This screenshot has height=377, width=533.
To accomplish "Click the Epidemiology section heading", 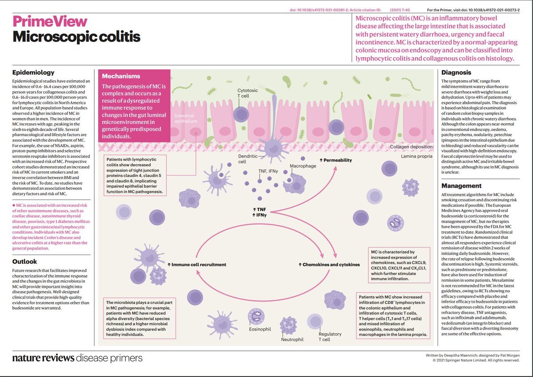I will pyautogui.click(x=33, y=72).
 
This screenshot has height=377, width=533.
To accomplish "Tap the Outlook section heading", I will pyautogui.click(x=25, y=262).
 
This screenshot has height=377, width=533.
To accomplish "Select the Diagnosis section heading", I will pyautogui.click(x=456, y=72).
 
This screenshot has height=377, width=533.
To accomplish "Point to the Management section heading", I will pyautogui.click(x=462, y=186).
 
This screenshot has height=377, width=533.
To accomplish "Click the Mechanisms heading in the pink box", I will pyautogui.click(x=121, y=76).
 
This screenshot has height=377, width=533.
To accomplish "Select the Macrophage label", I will pyautogui.click(x=303, y=165).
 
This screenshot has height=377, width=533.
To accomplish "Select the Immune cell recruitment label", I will pyautogui.click(x=197, y=265).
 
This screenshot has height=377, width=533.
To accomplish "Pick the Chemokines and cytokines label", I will pyautogui.click(x=329, y=265).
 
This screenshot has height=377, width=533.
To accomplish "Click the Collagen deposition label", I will pyautogui.click(x=411, y=147).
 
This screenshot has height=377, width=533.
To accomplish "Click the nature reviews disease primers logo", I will pyautogui.click(x=77, y=358).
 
